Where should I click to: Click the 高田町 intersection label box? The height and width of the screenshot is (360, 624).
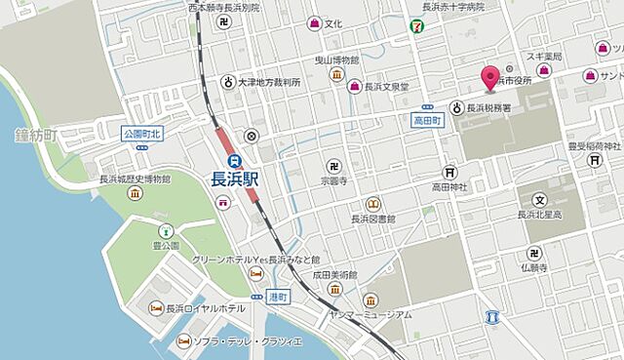point(428,118)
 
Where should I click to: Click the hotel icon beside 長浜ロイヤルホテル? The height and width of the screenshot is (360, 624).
point(156,308)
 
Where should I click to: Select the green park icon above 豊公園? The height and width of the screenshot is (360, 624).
point(165,231)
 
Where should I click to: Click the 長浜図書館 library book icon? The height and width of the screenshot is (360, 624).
point(371,204)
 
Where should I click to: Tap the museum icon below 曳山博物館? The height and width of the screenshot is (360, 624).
point(335,74)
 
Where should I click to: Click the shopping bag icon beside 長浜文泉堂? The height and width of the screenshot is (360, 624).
point(355,88)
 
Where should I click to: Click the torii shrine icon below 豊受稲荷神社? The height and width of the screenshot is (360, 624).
point(595,160)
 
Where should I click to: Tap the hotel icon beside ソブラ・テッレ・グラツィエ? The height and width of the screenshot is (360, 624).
point(182,341)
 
